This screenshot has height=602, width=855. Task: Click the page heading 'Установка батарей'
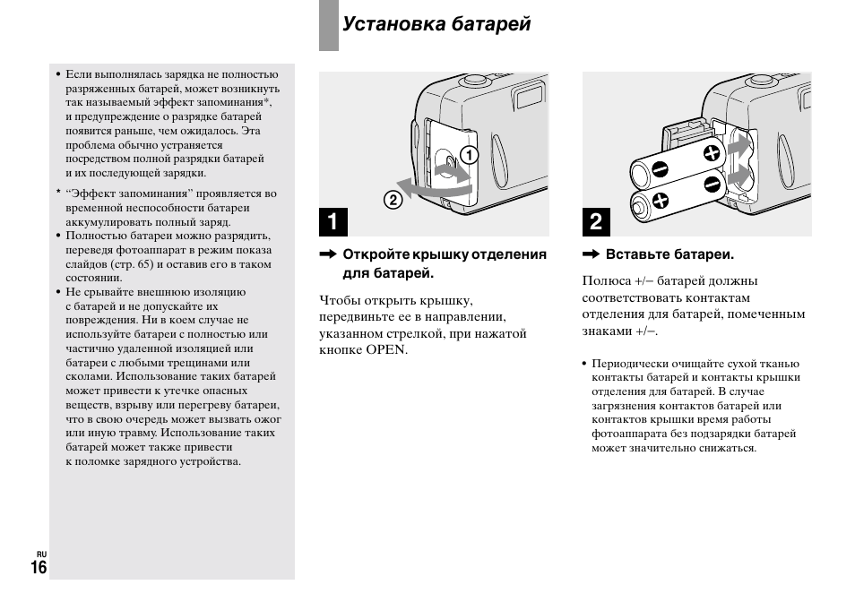[x=436, y=24]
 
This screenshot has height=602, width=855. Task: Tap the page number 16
[x=39, y=567]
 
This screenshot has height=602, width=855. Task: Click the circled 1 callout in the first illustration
[x=467, y=155]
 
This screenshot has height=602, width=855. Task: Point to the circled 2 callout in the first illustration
[x=392, y=200]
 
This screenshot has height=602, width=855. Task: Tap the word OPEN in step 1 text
[x=386, y=349]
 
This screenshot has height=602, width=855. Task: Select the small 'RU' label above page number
[x=41, y=554]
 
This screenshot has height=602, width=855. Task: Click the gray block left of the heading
[x=328, y=25]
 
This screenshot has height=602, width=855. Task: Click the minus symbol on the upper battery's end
[x=661, y=168]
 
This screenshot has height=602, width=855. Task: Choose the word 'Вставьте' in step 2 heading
[x=635, y=254]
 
